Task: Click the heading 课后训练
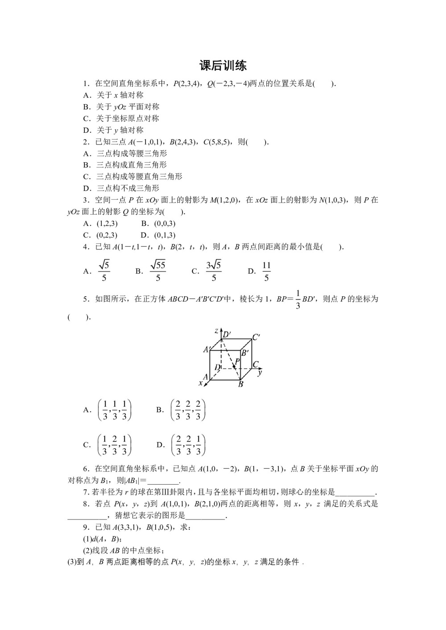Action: [x=223, y=66]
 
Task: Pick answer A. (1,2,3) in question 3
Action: [x=101, y=224]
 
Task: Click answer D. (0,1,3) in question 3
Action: [x=158, y=235]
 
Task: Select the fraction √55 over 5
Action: [x=158, y=271]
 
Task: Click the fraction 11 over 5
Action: [x=266, y=271]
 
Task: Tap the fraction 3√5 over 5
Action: [x=214, y=271]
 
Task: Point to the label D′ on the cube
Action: [x=227, y=335]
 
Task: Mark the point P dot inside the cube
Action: [x=234, y=366]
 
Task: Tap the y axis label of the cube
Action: [x=260, y=371]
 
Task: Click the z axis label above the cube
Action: [x=216, y=331]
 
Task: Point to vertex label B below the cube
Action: [x=241, y=384]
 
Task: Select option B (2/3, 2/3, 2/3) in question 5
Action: [x=188, y=410]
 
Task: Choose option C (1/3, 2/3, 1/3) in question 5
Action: [x=114, y=445]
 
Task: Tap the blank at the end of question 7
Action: [x=355, y=493]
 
